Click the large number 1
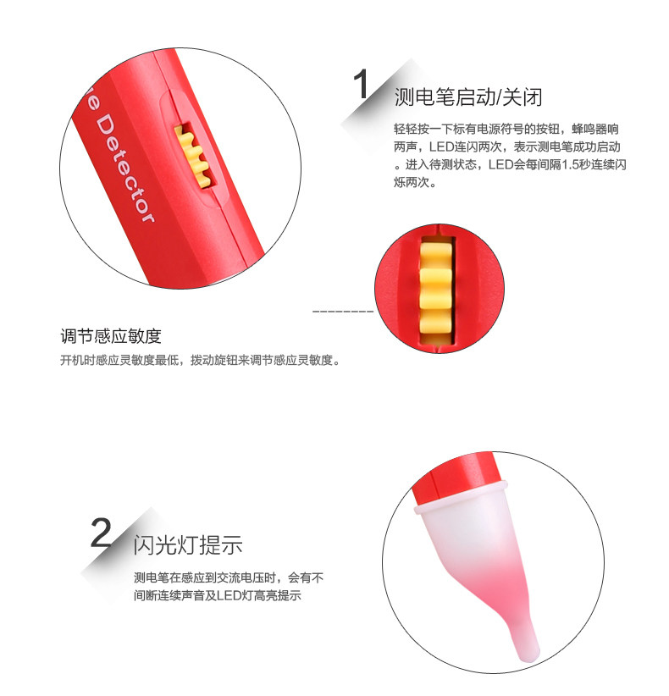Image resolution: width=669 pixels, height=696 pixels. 362,84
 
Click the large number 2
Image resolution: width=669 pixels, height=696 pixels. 102,533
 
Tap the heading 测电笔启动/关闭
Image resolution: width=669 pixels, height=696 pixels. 468,97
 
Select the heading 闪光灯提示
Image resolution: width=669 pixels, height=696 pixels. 188,545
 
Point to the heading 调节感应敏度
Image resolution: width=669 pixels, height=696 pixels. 111,336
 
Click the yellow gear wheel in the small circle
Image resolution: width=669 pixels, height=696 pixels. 436,290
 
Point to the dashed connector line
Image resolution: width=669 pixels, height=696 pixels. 343,311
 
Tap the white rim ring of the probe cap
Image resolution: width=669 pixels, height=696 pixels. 461,496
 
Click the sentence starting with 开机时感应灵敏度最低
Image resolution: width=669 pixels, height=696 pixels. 201,360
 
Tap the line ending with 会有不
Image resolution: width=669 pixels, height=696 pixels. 229,577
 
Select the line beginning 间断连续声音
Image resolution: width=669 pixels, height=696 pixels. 218,595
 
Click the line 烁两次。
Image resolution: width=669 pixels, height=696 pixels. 416,182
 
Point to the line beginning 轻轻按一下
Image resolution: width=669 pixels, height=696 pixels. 506,130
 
